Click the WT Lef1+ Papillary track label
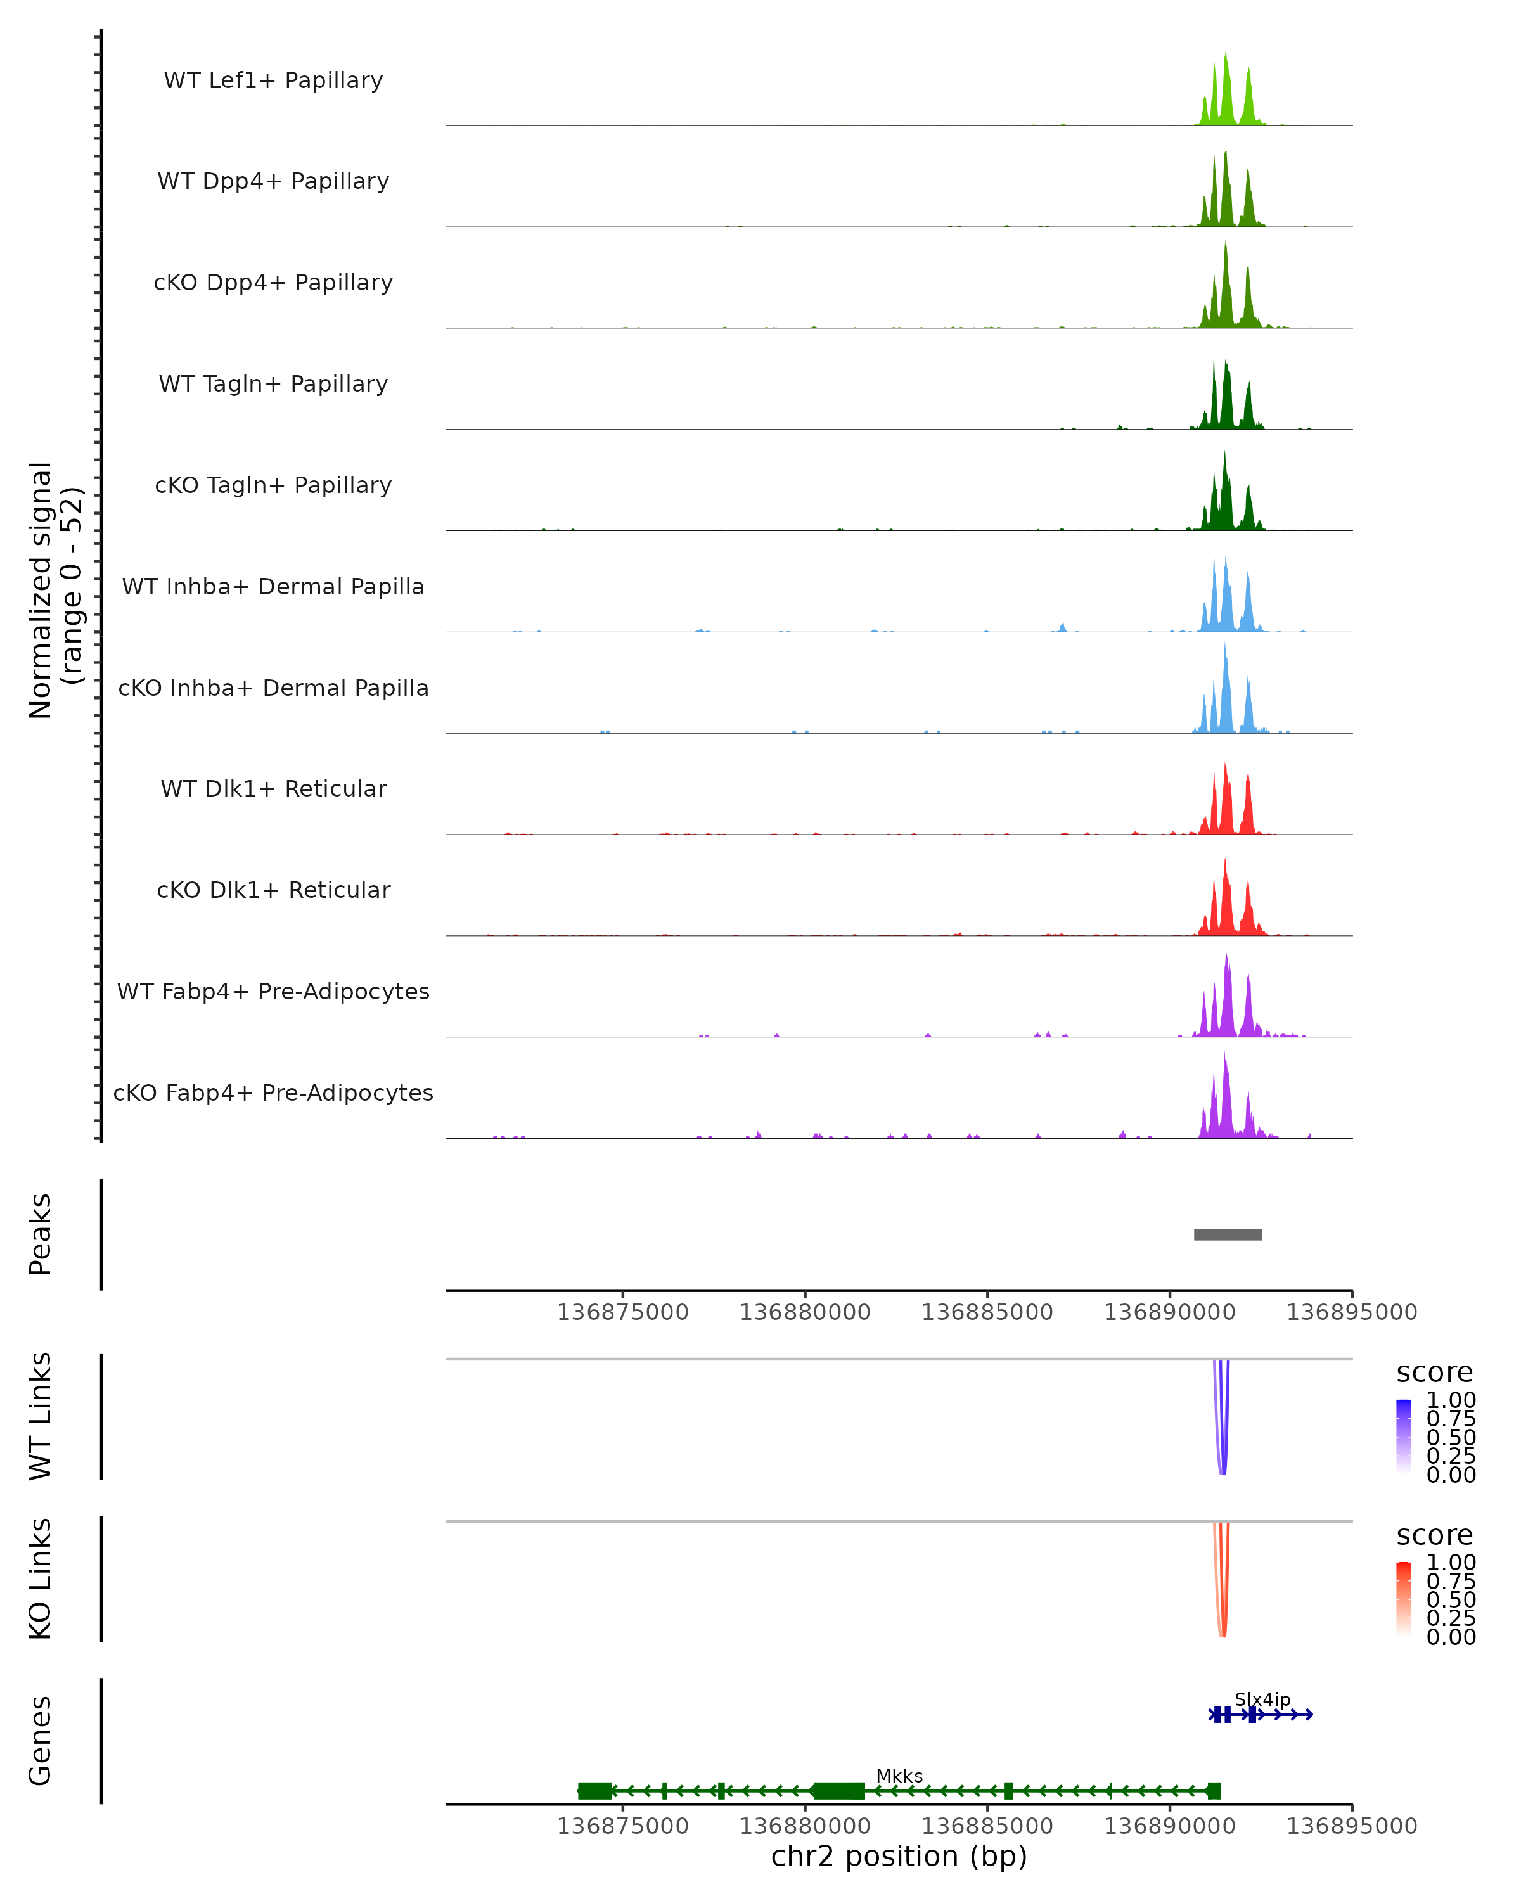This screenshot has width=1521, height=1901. tap(273, 80)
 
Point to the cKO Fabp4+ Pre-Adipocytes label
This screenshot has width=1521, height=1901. tap(273, 1092)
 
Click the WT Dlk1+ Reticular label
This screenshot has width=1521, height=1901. tap(273, 788)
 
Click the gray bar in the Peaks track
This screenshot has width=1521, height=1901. tap(1228, 1234)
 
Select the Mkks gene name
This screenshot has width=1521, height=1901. tap(899, 1776)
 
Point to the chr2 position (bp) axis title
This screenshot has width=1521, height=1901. tap(899, 1856)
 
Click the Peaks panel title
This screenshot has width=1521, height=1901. tap(41, 1234)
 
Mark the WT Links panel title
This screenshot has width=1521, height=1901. tap(41, 1416)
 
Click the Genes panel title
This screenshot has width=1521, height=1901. tap(41, 1741)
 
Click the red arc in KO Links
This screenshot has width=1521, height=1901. tap(1222, 1633)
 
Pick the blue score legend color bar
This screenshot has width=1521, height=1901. tap(1404, 1435)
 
